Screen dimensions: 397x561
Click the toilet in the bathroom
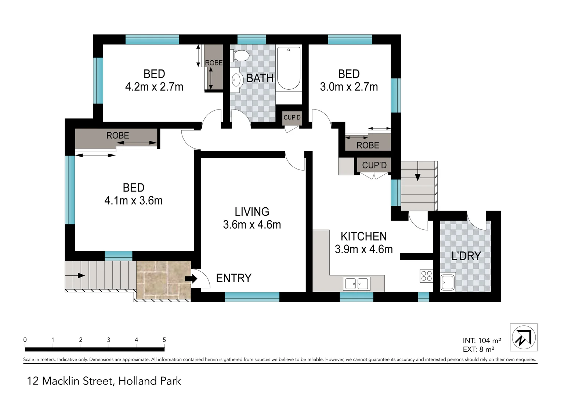240,56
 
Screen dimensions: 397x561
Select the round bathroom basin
236,79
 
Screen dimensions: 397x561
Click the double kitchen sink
356,283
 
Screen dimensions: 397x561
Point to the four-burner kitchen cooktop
426,276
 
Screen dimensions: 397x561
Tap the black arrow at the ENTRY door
191,279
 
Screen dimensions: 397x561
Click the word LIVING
252,212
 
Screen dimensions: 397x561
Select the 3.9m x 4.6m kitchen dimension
363,249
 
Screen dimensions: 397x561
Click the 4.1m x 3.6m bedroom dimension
133,200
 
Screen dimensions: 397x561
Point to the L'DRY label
466,256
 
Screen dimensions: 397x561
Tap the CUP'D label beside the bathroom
292,118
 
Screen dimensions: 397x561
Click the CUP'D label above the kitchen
374,165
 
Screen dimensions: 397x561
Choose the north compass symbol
524,337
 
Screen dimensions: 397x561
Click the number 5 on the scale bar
164,340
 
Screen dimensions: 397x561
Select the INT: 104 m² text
482,341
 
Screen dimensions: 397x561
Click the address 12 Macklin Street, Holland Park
104,381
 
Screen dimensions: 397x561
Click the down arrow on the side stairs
417,177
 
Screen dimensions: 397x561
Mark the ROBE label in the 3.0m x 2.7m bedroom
368,145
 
